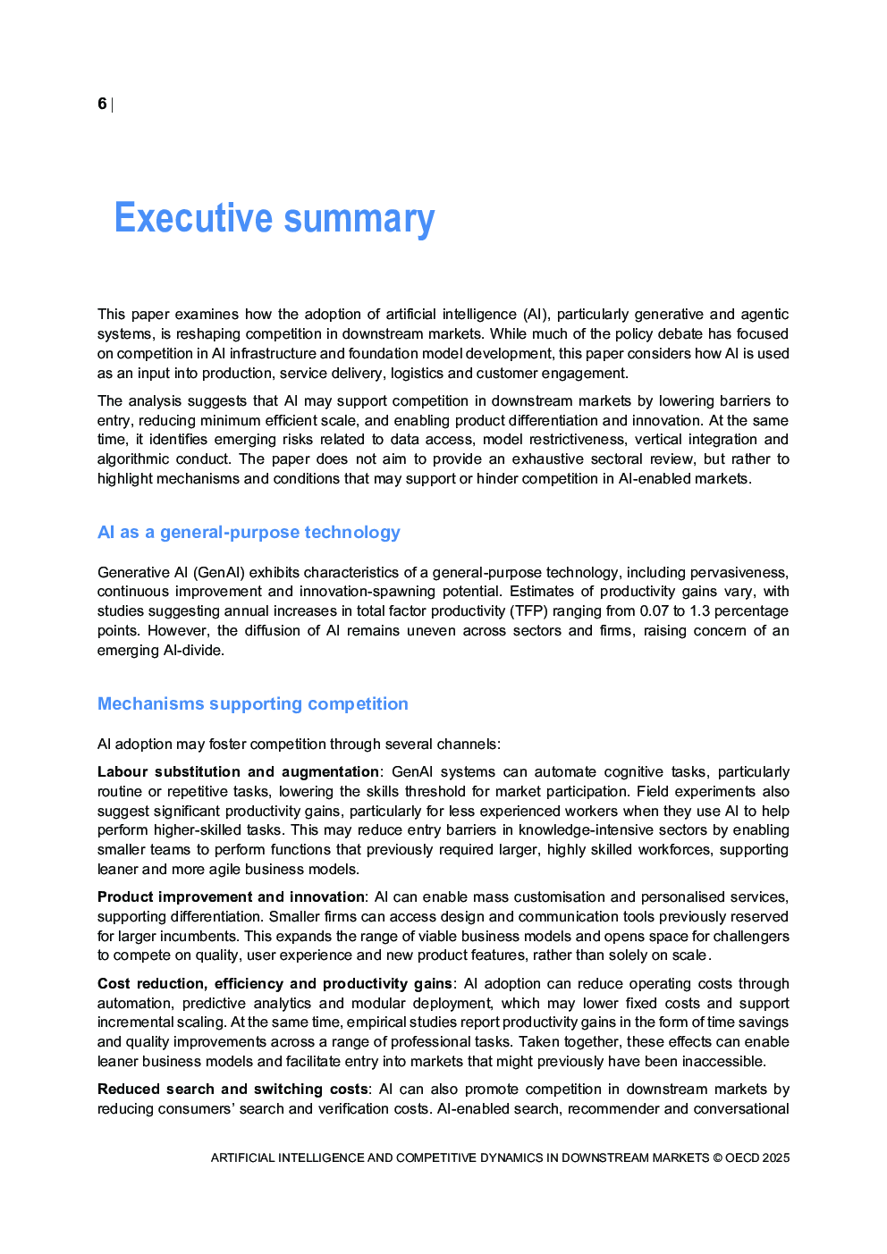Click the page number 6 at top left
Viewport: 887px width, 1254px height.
pyautogui.click(x=102, y=104)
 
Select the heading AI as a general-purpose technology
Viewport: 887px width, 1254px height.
pyautogui.click(x=249, y=533)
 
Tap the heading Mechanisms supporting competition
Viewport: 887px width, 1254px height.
pyautogui.click(x=252, y=704)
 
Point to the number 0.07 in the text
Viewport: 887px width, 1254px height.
pyautogui.click(x=654, y=611)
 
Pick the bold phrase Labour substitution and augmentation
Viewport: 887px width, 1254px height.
pyautogui.click(x=238, y=772)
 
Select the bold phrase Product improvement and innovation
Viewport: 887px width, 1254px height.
pyautogui.click(x=231, y=897)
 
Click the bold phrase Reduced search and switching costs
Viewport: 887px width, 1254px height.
pyautogui.click(x=232, y=1090)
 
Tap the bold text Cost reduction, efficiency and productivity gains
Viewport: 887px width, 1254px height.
pyautogui.click(x=275, y=984)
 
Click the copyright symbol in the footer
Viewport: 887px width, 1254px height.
pyautogui.click(x=717, y=1158)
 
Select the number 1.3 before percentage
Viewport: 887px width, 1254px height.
pyautogui.click(x=699, y=611)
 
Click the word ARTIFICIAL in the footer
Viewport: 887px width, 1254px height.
pyautogui.click(x=242, y=1158)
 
